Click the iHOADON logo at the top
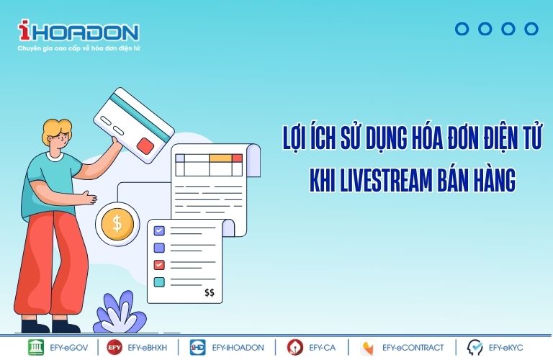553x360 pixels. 78,31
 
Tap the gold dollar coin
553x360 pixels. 117,224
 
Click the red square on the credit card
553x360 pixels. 145,146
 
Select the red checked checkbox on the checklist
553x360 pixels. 159,264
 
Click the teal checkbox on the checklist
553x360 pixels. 159,282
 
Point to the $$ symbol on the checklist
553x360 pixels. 210,292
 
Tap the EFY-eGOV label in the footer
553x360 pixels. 69,348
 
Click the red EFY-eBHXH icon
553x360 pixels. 114,347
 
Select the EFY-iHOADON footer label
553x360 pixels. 238,348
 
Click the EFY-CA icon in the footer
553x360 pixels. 295,347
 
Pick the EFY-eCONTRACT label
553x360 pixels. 413,348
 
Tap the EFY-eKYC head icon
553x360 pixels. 475,347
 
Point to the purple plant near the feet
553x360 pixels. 120,312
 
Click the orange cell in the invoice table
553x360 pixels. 220,158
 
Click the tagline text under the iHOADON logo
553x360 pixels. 78,48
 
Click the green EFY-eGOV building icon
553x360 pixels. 36,347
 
